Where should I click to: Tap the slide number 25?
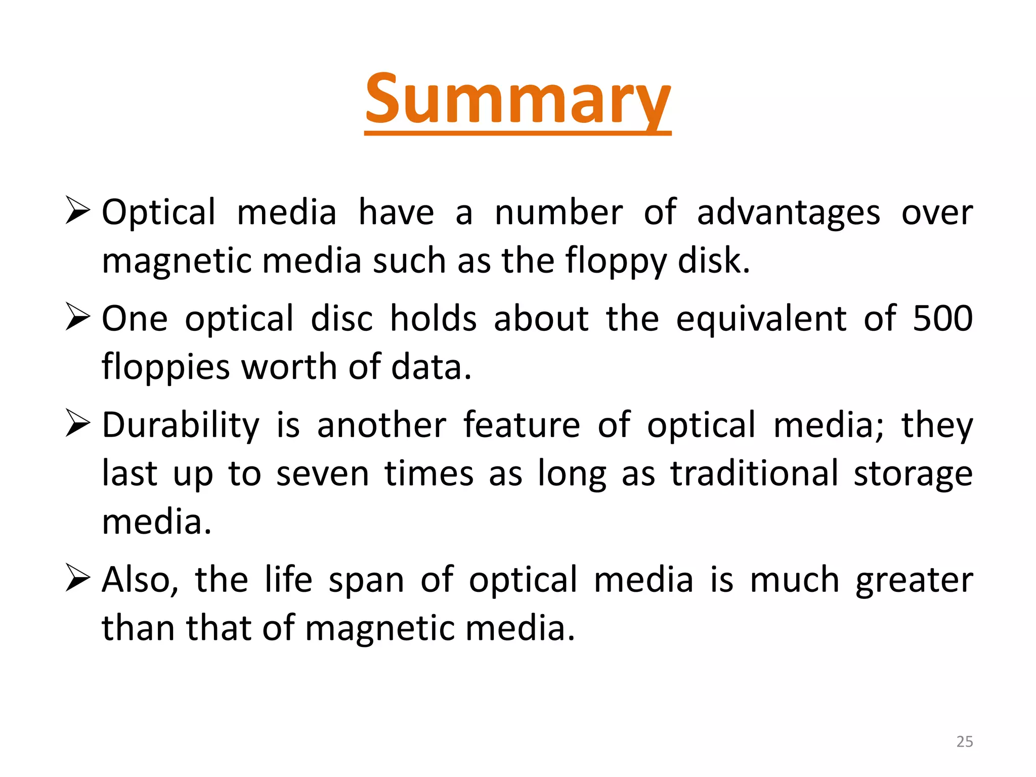click(x=964, y=742)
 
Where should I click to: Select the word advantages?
click(x=788, y=212)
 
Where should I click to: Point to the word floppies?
click(x=165, y=367)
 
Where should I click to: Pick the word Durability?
click(x=181, y=425)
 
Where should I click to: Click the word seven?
click(x=323, y=474)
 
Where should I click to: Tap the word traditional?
click(x=754, y=474)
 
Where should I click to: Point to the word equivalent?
click(x=761, y=320)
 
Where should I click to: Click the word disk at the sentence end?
click(x=713, y=261)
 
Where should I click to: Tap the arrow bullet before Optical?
click(x=78, y=211)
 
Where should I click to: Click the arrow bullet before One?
click(x=78, y=318)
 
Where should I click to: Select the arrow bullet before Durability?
click(x=78, y=424)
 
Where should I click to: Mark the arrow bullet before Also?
click(x=78, y=579)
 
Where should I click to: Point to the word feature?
click(x=522, y=425)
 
